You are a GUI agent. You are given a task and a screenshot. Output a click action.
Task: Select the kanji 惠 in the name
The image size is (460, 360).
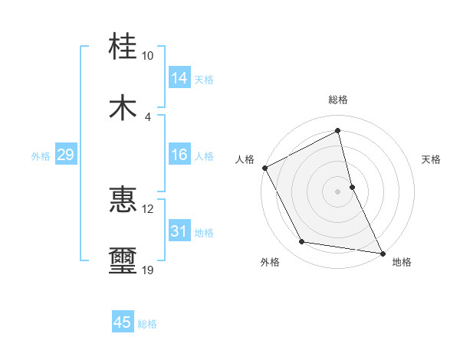point(123,200)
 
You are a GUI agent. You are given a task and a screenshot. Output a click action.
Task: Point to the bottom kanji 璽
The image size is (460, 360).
point(123,261)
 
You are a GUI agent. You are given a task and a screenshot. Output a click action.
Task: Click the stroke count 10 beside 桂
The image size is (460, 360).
point(147,56)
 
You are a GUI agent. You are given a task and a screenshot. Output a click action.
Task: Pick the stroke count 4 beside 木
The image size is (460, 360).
point(147,116)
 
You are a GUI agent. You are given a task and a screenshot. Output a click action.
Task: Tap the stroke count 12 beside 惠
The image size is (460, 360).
point(147,209)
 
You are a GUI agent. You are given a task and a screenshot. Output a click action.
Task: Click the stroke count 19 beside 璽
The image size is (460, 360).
point(147,270)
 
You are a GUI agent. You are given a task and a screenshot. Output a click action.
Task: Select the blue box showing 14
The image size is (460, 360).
point(179,78)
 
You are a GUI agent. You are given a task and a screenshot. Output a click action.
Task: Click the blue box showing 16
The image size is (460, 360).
point(179,155)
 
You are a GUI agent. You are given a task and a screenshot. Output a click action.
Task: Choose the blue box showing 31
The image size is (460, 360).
point(179,231)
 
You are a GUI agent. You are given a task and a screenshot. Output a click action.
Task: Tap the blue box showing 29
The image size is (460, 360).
point(65,155)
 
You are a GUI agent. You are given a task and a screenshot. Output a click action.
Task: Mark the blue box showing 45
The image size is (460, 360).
point(123,322)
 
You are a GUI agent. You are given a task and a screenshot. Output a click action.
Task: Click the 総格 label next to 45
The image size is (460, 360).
point(148,324)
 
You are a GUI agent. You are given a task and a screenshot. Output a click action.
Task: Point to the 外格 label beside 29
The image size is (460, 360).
point(41,156)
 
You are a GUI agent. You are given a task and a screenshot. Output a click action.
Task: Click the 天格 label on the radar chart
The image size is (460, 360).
point(432,159)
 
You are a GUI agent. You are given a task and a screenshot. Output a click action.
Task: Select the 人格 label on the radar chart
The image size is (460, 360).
point(245,159)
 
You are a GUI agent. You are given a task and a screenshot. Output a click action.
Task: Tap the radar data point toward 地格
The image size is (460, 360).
point(382,252)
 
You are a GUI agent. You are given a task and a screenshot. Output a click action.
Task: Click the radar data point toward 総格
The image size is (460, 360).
point(338,130)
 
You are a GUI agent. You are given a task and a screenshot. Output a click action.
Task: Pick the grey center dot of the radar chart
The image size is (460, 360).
point(338,191)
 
